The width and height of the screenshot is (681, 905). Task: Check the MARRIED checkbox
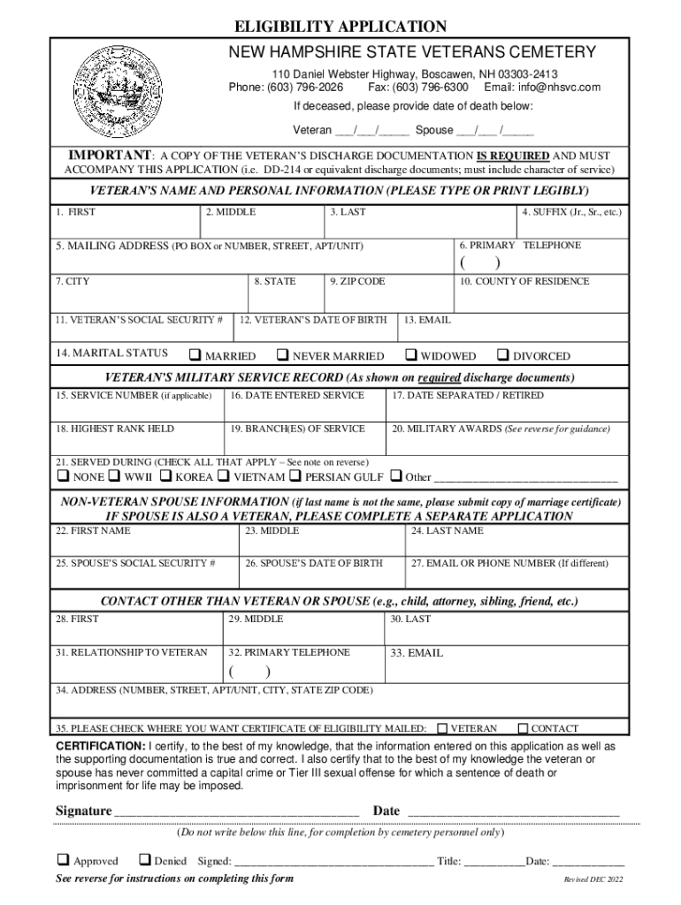point(195,355)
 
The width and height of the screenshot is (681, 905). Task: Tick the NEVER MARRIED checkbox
point(282,355)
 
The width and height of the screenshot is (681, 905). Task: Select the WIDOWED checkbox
point(410,355)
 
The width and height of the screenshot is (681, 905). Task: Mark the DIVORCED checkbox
point(503,355)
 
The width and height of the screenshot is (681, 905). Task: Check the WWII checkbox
point(115,476)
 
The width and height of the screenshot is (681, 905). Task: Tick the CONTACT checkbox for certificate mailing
point(523,728)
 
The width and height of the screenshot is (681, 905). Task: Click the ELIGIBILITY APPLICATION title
point(340,27)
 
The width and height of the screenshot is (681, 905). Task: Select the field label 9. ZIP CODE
point(357,282)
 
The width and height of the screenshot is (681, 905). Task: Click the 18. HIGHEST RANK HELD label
point(115,429)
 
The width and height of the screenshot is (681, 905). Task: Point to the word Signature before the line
point(83,810)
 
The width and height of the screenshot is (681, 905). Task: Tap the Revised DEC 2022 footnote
point(593,880)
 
